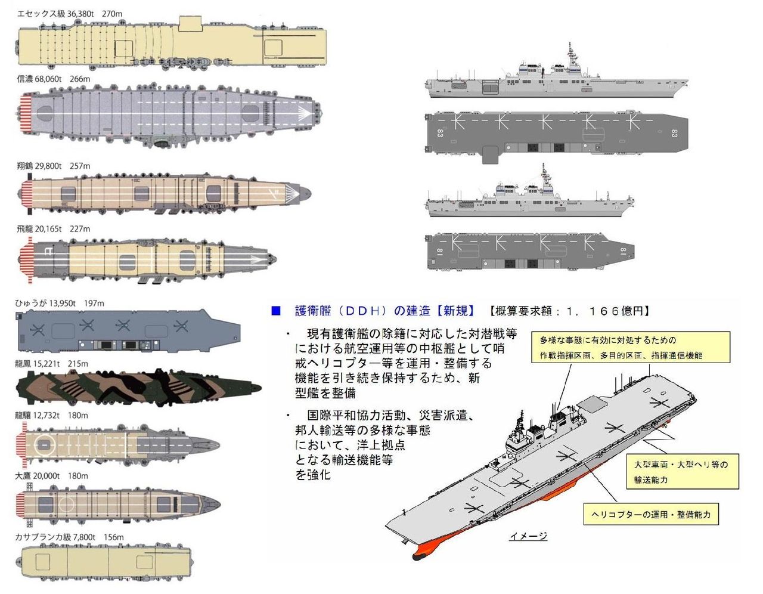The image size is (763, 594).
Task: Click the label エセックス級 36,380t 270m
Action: (x=70, y=14)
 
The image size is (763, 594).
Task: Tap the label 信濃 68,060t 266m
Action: (x=54, y=79)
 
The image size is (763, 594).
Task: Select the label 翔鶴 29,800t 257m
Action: (x=54, y=166)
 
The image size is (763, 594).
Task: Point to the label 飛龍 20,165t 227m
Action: (x=54, y=229)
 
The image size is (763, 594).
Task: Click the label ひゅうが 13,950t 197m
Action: (x=60, y=303)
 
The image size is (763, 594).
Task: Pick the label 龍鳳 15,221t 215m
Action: (x=51, y=364)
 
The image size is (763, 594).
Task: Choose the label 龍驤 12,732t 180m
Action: (x=51, y=416)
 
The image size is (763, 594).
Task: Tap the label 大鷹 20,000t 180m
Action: (x=51, y=476)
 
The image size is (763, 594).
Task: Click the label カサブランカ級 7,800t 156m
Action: (x=69, y=537)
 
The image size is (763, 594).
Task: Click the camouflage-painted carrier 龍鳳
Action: (x=139, y=388)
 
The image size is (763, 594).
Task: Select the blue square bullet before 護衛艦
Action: (x=276, y=311)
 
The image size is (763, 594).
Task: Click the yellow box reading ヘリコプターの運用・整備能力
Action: (x=651, y=515)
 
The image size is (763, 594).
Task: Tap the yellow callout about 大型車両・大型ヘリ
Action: (x=683, y=471)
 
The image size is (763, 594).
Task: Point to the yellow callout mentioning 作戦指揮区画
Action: (x=631, y=347)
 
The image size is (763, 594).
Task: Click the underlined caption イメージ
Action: (x=528, y=536)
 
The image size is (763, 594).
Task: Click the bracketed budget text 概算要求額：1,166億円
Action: (x=569, y=311)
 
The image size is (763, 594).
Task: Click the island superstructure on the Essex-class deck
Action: (x=190, y=23)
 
